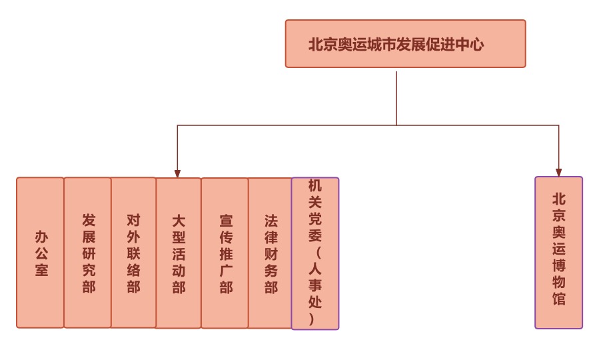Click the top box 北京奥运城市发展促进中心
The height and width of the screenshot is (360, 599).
point(405,44)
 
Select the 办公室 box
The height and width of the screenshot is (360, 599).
point(41,253)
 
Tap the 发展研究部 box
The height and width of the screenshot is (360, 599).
point(88,253)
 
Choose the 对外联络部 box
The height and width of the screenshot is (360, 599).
point(133,253)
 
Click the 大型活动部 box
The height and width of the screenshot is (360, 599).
point(178,253)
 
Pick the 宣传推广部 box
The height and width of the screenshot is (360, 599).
point(225,253)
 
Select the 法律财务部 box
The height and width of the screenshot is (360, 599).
point(270,253)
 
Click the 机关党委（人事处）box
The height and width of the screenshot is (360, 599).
point(314,253)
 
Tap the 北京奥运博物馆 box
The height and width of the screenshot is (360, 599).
point(558,253)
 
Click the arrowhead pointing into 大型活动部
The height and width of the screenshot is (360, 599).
point(177,174)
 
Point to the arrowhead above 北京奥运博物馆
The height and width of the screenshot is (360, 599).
point(558,173)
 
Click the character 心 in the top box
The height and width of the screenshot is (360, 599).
point(476,45)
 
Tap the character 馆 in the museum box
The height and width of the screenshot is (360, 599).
point(558,298)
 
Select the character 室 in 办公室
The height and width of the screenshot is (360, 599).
point(41,270)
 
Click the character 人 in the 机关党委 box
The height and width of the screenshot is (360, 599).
point(314,268)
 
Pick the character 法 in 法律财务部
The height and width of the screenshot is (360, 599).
point(271,221)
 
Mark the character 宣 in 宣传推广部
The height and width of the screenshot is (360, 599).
point(226,221)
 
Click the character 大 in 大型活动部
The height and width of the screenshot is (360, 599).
point(178,221)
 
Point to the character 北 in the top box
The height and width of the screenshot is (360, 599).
point(316,45)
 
